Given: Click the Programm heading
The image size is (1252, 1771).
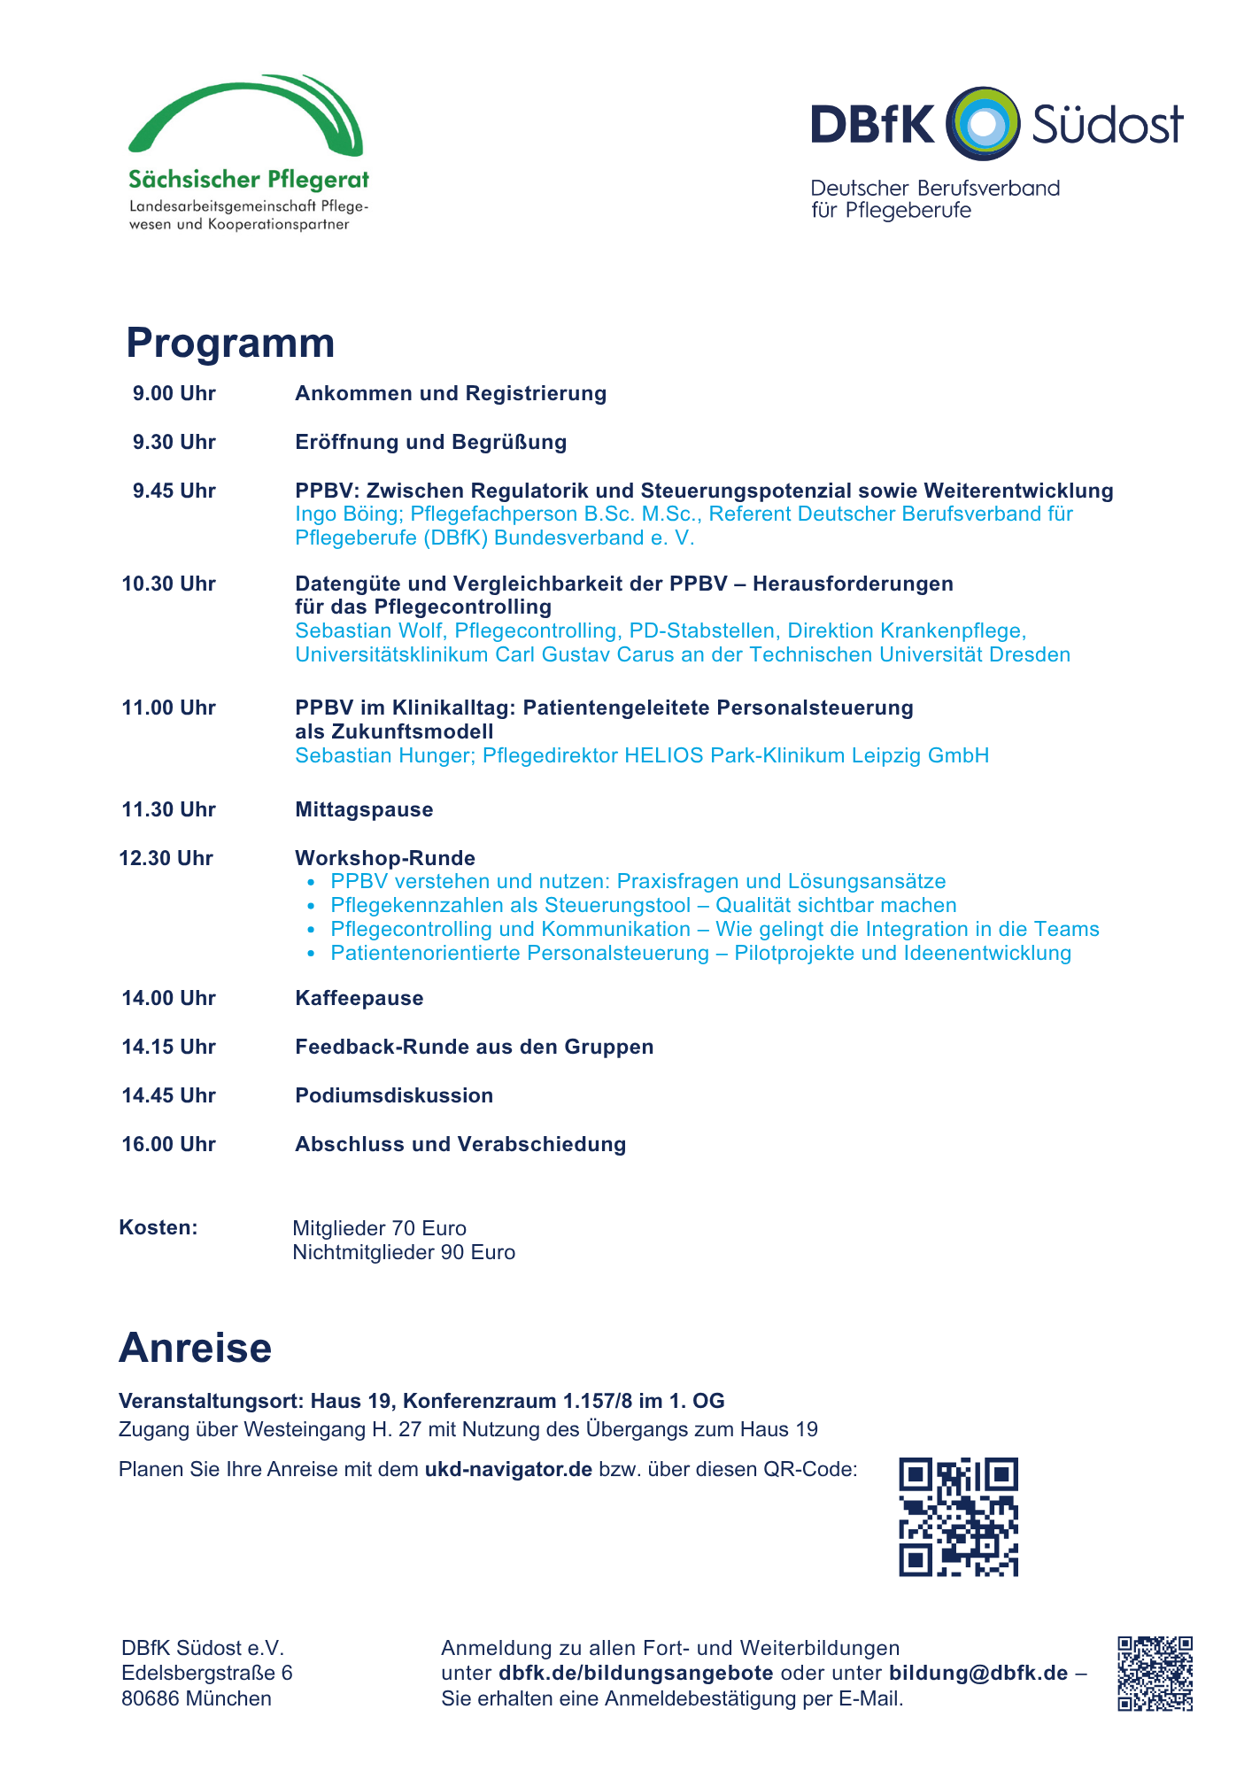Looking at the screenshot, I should point(230,344).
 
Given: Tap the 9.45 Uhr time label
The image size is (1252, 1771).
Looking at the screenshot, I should point(174,491).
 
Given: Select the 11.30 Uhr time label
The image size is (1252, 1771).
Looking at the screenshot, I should point(169,810).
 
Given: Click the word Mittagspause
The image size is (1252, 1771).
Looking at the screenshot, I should point(364,810).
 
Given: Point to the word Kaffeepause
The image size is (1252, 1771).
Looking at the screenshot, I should point(359,999).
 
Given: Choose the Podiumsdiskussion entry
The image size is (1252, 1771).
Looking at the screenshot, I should point(394,1096).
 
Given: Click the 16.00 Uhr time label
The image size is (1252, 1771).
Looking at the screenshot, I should point(169,1145).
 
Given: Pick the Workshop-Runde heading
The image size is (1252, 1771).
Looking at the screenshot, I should point(385,859).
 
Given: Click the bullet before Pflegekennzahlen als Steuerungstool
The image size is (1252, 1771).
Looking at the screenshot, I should point(311,907).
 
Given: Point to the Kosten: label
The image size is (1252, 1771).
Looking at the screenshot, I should point(158,1228).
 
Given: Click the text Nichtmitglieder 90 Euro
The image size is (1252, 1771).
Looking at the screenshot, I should point(404,1253).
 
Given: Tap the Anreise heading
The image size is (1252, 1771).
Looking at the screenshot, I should point(196,1349).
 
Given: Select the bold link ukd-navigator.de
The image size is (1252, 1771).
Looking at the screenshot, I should point(508,1470).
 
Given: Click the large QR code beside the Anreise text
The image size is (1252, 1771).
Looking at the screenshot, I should point(959,1517).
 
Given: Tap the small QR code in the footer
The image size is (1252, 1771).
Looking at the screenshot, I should point(1155,1674).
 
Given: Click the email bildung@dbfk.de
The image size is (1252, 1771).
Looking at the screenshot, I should point(978,1674).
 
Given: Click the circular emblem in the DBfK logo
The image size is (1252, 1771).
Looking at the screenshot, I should point(983,124).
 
